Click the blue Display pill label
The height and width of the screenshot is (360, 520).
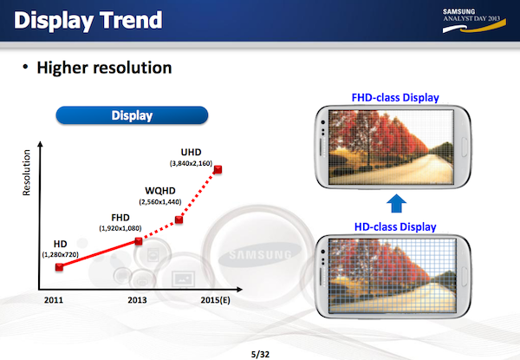(x=132, y=115)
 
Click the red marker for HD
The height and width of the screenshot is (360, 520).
(x=59, y=267)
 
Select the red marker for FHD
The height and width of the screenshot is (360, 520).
(x=139, y=241)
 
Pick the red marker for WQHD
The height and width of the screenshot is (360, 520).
(x=179, y=219)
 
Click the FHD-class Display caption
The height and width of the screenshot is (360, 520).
(x=395, y=97)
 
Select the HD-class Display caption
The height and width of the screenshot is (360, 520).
(x=395, y=226)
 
